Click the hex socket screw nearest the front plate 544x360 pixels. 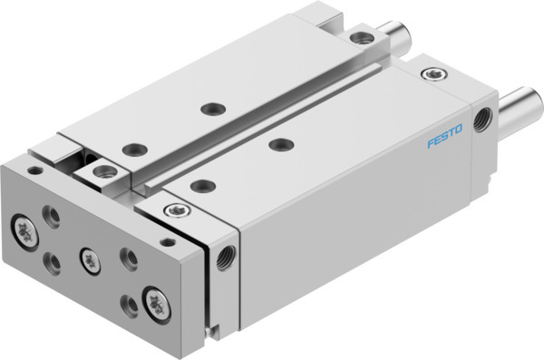click(170, 210)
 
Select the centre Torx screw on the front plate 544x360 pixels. click(89, 258)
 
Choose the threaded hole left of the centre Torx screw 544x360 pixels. click(53, 263)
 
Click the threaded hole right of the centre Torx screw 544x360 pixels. click(129, 258)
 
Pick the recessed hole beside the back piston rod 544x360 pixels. click(363, 38)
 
